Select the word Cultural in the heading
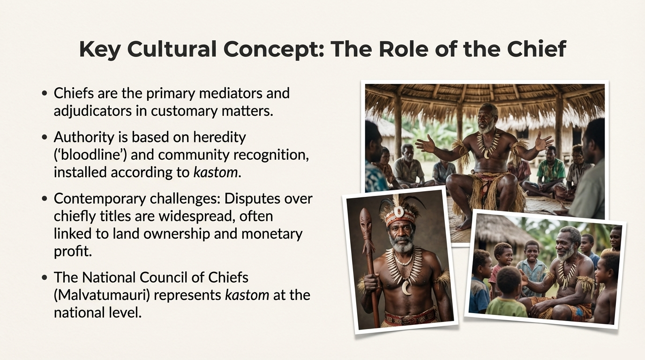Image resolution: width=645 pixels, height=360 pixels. pyautogui.click(x=172, y=49)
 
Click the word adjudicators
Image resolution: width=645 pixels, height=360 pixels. pyautogui.click(x=93, y=111)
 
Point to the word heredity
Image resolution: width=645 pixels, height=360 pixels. pyautogui.click(x=219, y=137)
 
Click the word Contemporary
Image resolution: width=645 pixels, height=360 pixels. pyautogui.click(x=100, y=199)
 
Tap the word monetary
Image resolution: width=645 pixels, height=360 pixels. pyautogui.click(x=272, y=234)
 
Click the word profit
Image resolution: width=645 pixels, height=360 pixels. pyautogui.click(x=73, y=252)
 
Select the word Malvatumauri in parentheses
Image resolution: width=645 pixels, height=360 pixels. pyautogui.click(x=102, y=295)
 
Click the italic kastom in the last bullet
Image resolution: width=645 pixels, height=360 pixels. pyautogui.click(x=247, y=295)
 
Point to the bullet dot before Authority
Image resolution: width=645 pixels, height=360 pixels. pyautogui.click(x=45, y=137)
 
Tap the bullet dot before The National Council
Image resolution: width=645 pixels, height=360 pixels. pyautogui.click(x=45, y=277)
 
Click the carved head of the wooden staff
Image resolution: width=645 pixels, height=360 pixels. pyautogui.click(x=366, y=222)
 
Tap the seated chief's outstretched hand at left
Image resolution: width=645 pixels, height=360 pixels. pyautogui.click(x=426, y=143)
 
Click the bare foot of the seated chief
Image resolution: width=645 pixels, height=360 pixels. pyautogui.click(x=464, y=224)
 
